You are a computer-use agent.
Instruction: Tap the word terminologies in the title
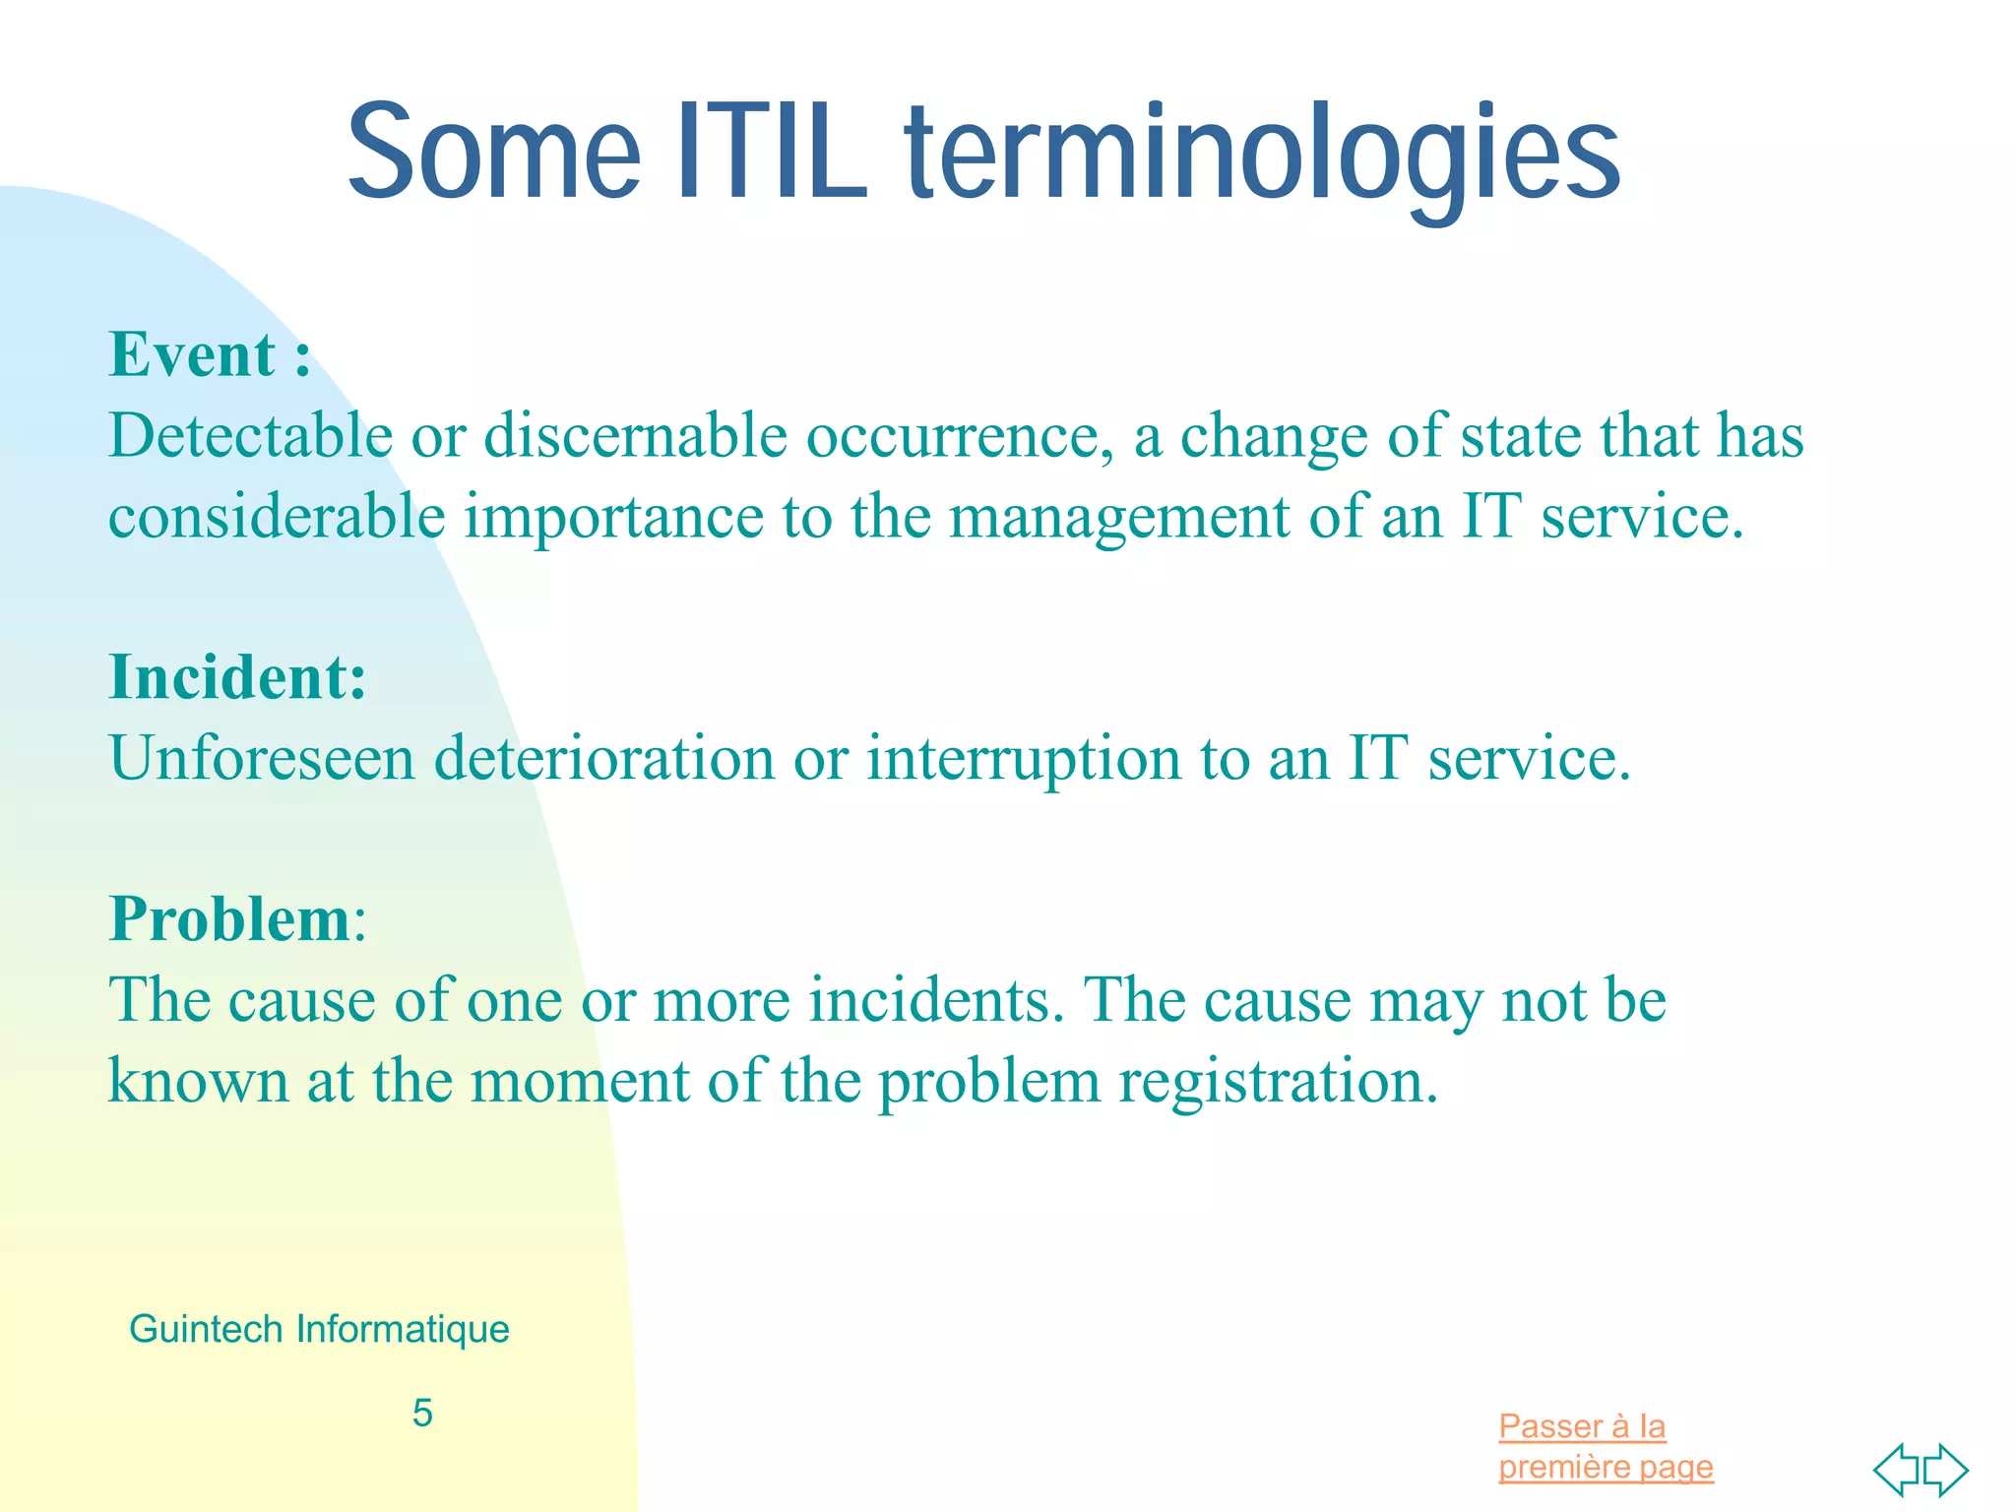(1262, 157)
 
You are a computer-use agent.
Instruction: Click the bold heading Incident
(236, 677)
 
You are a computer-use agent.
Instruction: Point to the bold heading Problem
(230, 919)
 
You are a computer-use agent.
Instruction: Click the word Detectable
(250, 435)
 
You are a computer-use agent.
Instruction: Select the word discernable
(635, 435)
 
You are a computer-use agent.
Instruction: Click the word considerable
(277, 516)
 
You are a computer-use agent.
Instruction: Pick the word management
(1119, 518)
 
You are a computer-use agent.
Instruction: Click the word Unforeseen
(262, 758)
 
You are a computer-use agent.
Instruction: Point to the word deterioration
(604, 758)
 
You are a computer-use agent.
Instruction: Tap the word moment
(580, 1081)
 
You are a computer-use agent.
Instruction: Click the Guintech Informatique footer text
(319, 1329)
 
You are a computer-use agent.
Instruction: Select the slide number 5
(422, 1413)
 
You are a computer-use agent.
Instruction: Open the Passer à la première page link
(1605, 1446)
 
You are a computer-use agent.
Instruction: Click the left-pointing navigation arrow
(1895, 1470)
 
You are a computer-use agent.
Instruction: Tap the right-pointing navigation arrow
(1947, 1470)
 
